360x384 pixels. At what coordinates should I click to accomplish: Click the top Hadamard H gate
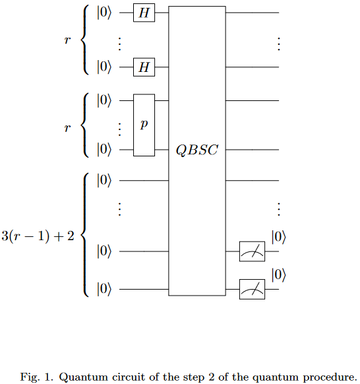[144, 13]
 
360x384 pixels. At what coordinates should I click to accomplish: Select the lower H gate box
[144, 67]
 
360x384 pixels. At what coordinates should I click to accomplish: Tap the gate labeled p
[144, 125]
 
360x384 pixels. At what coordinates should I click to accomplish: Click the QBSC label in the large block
[197, 150]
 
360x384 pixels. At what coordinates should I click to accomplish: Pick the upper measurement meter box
[252, 251]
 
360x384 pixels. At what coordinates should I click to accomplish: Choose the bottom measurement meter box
[252, 289]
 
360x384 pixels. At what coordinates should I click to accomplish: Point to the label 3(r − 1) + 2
[38, 236]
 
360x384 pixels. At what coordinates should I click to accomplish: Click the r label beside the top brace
[67, 40]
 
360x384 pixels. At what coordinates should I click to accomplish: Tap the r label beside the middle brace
[67, 128]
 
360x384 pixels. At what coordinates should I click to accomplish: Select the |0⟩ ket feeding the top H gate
[104, 13]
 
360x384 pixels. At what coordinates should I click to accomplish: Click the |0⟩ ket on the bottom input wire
[104, 289]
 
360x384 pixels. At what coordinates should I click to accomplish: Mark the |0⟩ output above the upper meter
[278, 237]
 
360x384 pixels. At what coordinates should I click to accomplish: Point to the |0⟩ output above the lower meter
[278, 274]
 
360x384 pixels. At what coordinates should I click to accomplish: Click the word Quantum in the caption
[84, 377]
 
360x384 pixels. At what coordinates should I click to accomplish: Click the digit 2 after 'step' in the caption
[212, 377]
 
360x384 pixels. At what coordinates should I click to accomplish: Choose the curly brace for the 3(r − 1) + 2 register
[84, 235]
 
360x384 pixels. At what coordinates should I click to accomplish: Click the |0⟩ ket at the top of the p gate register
[104, 100]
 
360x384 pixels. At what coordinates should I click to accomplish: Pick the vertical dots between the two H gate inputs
[120, 44]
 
